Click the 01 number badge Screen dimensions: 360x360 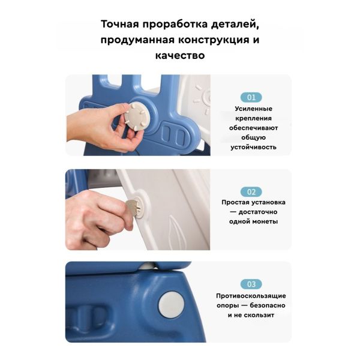[251, 97]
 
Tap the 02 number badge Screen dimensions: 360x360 [251, 192]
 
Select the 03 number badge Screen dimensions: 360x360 [251, 284]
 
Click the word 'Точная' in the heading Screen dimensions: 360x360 [120, 24]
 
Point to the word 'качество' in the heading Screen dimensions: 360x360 [180, 56]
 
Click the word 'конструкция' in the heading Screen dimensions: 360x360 [214, 40]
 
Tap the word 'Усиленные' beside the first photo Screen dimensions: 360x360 [253, 109]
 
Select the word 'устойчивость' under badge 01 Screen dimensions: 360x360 [253, 147]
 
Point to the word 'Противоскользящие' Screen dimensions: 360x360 [251, 296]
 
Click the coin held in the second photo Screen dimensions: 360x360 [131, 206]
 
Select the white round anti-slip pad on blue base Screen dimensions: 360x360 [171, 305]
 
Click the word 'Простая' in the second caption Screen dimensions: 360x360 [235, 203]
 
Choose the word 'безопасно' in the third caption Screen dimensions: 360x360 [268, 305]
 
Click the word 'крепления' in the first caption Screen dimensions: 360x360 [253, 118]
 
